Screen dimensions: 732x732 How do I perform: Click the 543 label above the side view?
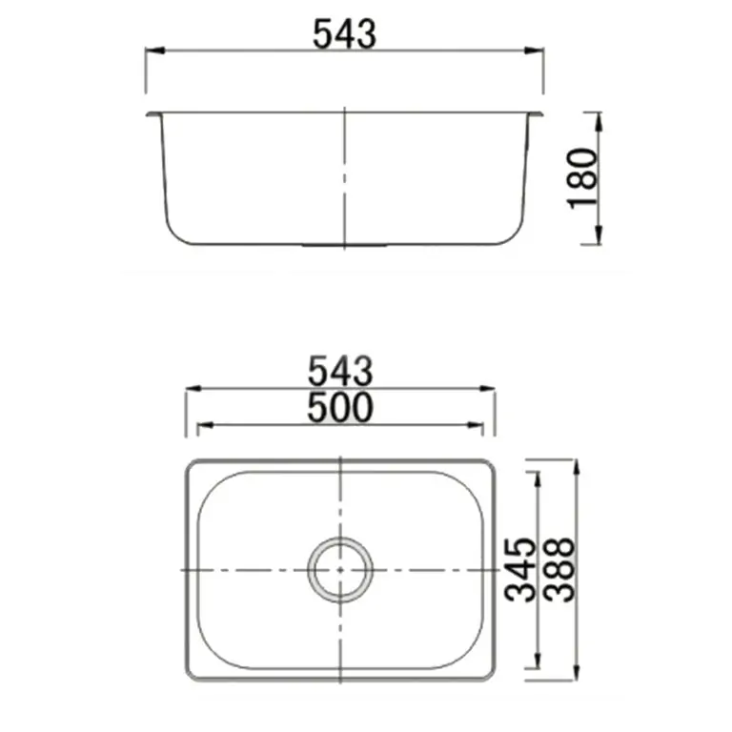pyautogui.click(x=344, y=34)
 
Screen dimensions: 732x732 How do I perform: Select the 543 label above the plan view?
pyautogui.click(x=340, y=371)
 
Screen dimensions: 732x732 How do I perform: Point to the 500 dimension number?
pyautogui.click(x=340, y=408)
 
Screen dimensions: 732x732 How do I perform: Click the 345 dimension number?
pyautogui.click(x=520, y=569)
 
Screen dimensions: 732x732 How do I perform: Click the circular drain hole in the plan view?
pyautogui.click(x=340, y=569)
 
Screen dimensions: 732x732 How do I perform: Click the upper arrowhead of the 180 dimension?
pyautogui.click(x=599, y=117)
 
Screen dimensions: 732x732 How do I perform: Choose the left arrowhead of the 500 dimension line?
pyautogui.click(x=202, y=426)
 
